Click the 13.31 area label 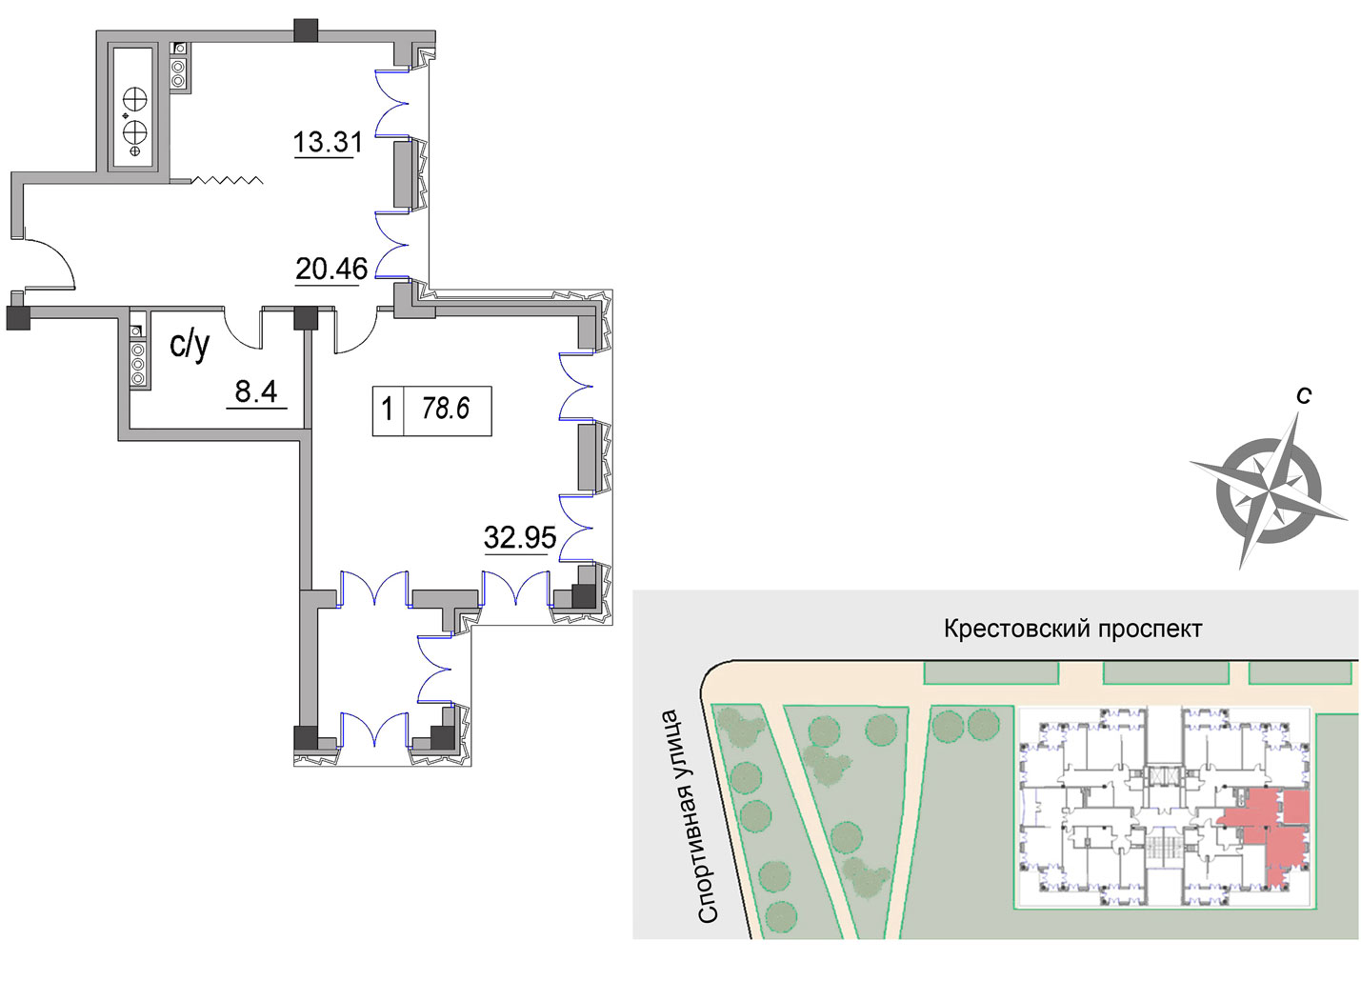pyautogui.click(x=328, y=142)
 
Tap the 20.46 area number pyautogui.click(x=331, y=269)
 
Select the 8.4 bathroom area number pyautogui.click(x=256, y=391)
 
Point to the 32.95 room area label pyautogui.click(x=520, y=537)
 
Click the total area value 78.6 pyautogui.click(x=446, y=409)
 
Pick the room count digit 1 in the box pyautogui.click(x=387, y=409)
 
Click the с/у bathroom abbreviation pyautogui.click(x=190, y=347)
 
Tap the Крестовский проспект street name pyautogui.click(x=1073, y=630)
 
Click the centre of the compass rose pyautogui.click(x=1269, y=490)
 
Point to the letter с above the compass pyautogui.click(x=1304, y=395)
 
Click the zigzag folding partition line pyautogui.click(x=227, y=180)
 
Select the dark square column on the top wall pyautogui.click(x=306, y=30)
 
